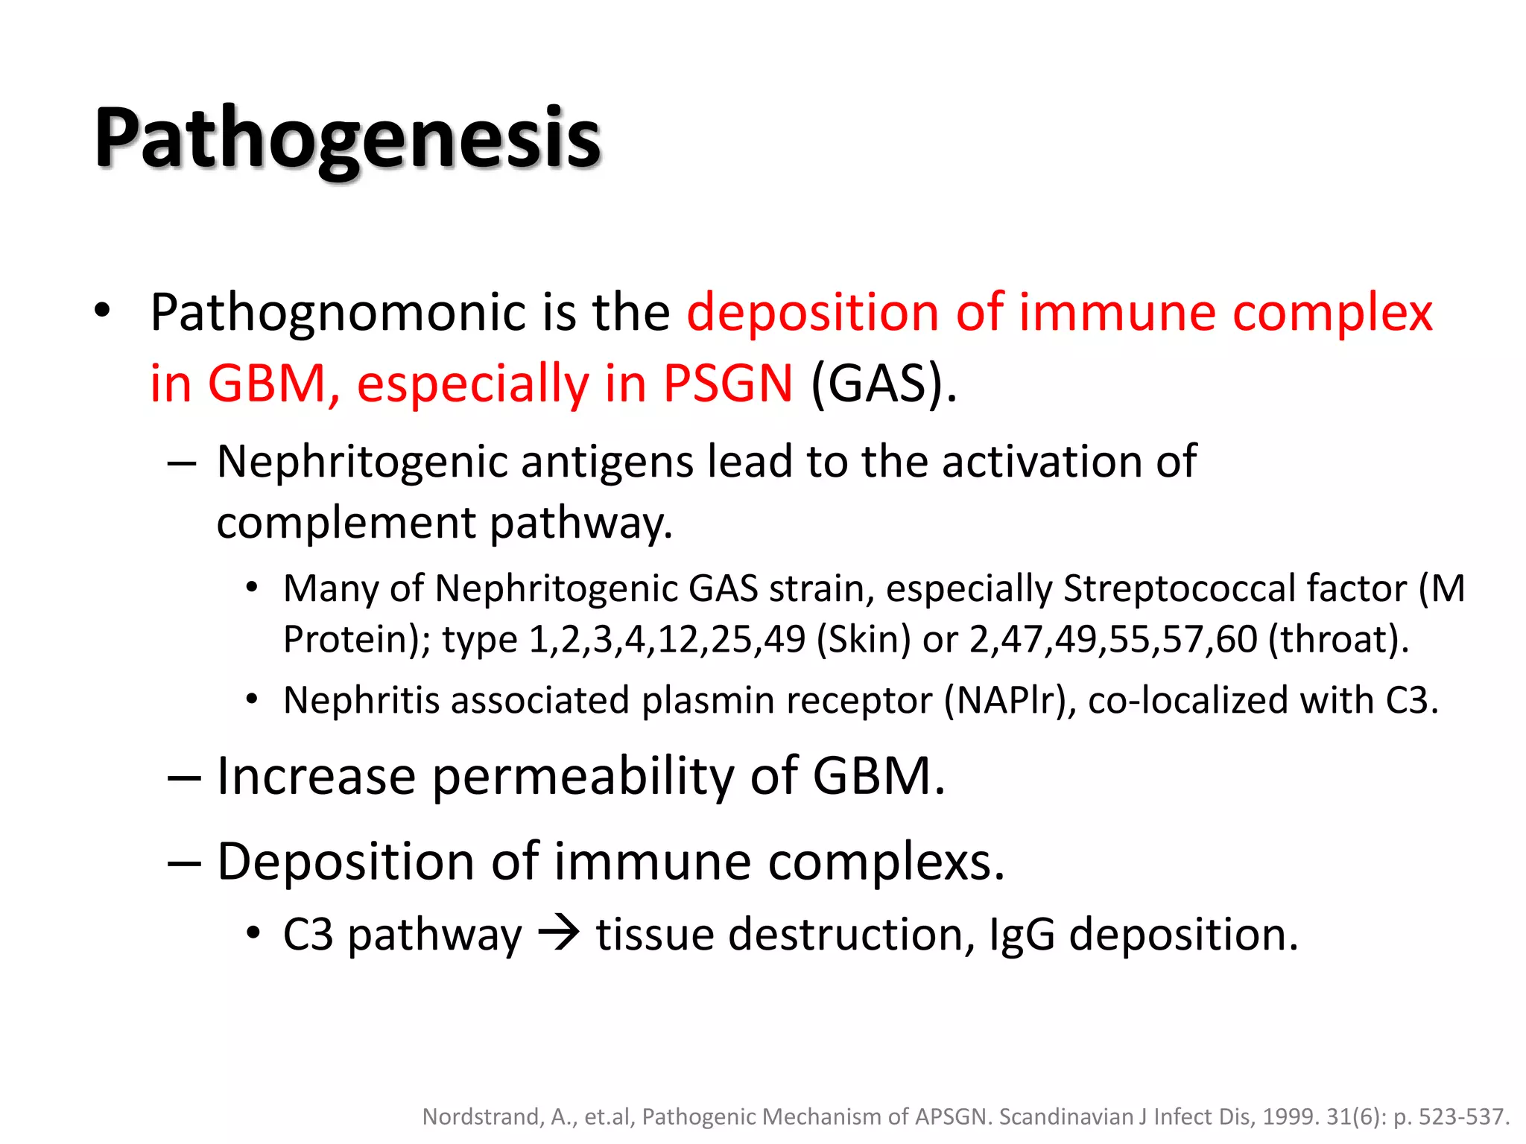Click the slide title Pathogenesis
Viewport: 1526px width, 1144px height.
pyautogui.click(x=347, y=139)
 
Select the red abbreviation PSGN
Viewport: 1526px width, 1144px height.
pyautogui.click(x=727, y=384)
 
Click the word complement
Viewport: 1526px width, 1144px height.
pyautogui.click(x=346, y=523)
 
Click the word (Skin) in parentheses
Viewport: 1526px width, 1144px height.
pyautogui.click(x=863, y=640)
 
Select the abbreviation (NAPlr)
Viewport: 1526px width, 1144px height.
pyautogui.click(x=1010, y=701)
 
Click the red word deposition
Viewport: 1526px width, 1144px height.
pyautogui.click(x=812, y=313)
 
